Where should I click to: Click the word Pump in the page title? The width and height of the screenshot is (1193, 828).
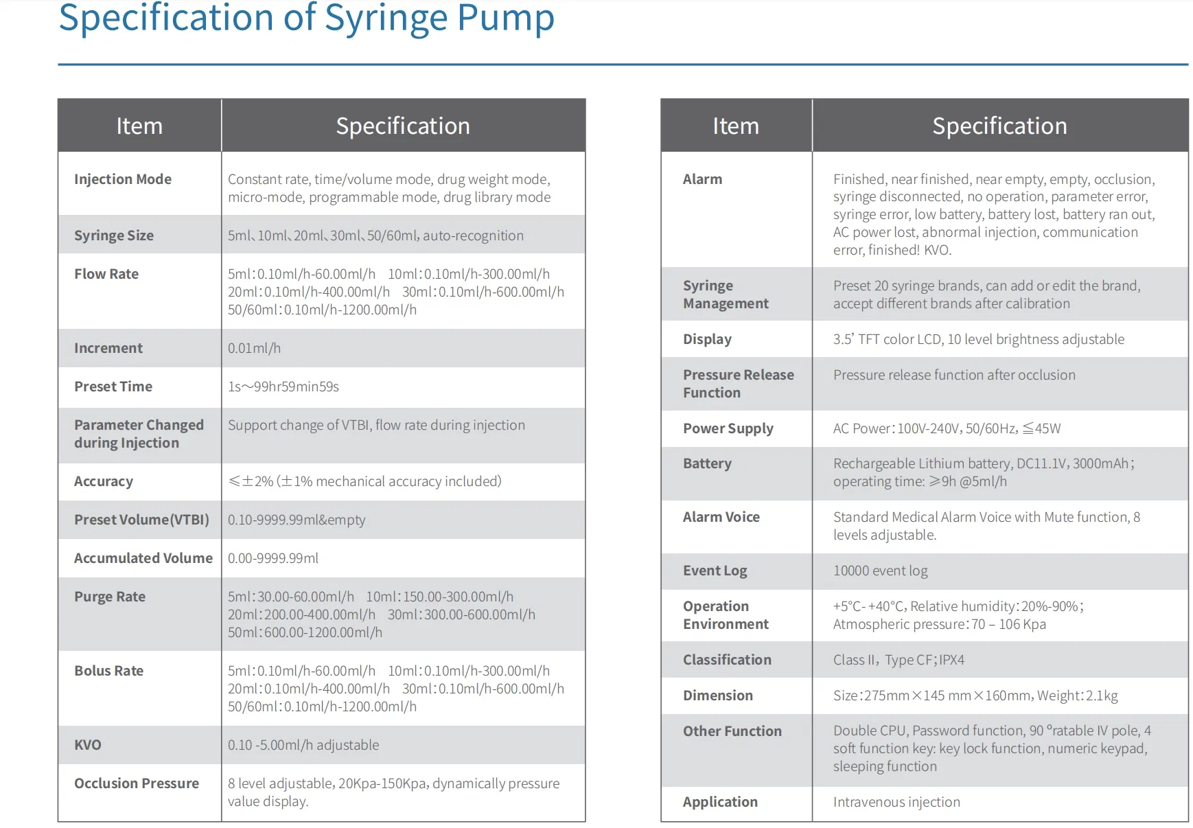pos(505,18)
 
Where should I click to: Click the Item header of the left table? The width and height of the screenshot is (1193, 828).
pos(139,126)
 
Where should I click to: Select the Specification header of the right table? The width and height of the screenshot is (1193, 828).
pos(999,126)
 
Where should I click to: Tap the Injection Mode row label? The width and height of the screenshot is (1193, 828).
pos(123,179)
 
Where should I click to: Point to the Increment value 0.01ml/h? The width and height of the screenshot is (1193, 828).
pos(254,348)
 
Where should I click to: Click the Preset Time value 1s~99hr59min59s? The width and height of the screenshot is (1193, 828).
pos(283,387)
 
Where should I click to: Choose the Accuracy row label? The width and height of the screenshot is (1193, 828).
pos(104,481)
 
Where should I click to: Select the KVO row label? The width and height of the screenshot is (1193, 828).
pos(88,745)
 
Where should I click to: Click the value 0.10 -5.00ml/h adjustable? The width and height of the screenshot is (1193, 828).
pos(303,745)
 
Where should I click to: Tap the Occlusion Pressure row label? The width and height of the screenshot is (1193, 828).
pos(137,783)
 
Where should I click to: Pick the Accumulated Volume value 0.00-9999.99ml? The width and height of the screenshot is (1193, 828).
pos(273,558)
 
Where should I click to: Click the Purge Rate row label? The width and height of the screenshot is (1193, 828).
pos(110,597)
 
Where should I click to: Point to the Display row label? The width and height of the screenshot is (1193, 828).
pos(707,339)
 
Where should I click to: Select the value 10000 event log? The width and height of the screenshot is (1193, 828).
pos(880,571)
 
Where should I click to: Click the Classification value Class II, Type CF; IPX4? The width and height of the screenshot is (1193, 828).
pos(899,660)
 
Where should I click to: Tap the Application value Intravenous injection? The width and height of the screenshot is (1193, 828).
pos(896,802)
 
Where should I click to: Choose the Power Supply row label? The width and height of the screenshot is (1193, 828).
pos(728,428)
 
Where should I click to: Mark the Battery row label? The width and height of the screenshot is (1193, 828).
pos(707,463)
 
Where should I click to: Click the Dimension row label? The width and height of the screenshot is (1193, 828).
pos(717,695)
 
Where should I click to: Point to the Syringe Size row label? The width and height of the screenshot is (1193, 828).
pos(114,235)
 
